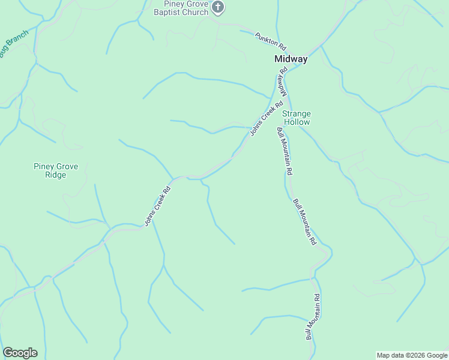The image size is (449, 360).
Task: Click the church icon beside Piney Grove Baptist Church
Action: [218, 8]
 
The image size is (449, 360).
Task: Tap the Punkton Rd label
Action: [270, 40]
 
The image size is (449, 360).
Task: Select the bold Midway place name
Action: [291, 59]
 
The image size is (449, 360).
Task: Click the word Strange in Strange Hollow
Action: [297, 113]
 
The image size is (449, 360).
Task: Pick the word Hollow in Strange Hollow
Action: [297, 122]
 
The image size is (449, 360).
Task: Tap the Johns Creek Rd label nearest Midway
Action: [267, 117]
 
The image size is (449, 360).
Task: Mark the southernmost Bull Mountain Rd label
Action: [314, 317]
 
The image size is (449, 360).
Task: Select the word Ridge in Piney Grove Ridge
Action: [55, 175]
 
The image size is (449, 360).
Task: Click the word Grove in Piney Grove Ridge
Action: [67, 166]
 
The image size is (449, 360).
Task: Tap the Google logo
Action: [20, 353]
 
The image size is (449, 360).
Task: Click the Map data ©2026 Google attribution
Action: [411, 355]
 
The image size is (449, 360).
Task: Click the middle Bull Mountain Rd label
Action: [304, 221]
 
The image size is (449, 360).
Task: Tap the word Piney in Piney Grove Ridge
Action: [44, 166]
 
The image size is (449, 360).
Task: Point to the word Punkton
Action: [267, 38]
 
